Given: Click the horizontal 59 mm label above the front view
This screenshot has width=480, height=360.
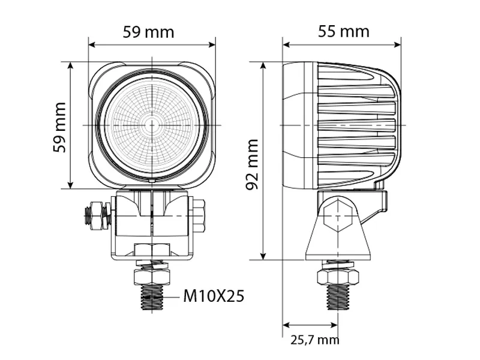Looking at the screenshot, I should [x=148, y=31].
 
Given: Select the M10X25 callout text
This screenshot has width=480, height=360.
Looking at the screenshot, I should [x=214, y=296].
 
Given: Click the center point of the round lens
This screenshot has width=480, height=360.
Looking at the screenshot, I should [x=152, y=125].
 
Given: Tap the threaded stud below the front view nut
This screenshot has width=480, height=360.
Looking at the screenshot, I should [x=153, y=297].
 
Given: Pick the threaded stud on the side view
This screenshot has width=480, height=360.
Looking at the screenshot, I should [x=338, y=297].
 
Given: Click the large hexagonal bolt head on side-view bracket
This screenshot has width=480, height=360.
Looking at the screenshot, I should [x=338, y=217].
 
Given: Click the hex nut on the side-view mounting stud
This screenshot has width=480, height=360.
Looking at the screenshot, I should [x=338, y=277].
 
